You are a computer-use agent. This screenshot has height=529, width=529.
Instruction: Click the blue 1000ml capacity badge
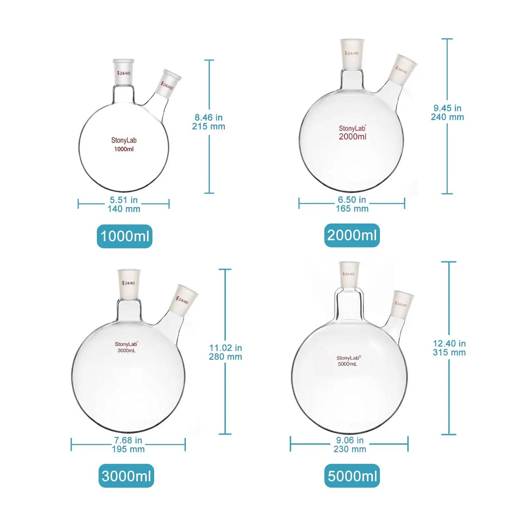click(124, 236)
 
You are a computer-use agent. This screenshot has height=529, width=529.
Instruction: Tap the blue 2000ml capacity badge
click(352, 235)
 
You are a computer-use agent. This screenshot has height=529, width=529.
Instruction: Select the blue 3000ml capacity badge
click(126, 476)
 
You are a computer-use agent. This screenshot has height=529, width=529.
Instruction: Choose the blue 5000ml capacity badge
click(352, 476)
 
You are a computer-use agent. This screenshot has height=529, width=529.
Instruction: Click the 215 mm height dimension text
click(208, 127)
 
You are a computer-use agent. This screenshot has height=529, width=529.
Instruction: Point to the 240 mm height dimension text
click(447, 117)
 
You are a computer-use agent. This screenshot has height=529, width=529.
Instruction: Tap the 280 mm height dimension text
click(225, 357)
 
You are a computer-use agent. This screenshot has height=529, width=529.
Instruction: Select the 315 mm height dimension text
click(449, 352)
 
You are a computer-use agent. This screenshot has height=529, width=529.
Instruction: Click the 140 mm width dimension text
click(124, 209)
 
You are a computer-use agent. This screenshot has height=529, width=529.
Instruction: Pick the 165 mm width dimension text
click(352, 209)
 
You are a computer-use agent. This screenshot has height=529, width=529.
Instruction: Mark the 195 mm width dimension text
click(128, 449)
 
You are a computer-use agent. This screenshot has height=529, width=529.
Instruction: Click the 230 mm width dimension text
click(350, 449)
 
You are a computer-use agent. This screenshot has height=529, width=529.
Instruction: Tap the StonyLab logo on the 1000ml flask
click(124, 140)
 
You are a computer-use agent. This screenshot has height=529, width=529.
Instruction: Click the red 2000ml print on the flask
click(353, 137)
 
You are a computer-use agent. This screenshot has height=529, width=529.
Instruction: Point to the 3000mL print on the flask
click(126, 351)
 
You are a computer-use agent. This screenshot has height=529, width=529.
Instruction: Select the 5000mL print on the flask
click(347, 364)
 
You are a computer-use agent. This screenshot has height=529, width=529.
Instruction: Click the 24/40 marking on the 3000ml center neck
click(128, 283)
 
